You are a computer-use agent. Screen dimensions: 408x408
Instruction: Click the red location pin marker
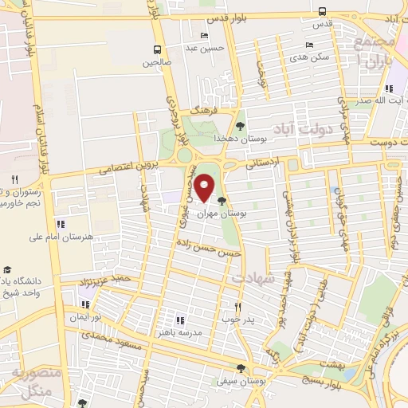[x=205, y=188]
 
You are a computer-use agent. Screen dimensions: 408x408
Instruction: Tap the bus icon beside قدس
[x=321, y=11]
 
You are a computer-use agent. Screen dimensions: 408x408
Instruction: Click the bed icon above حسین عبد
[x=206, y=35]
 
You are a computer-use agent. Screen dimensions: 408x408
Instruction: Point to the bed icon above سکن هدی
[x=309, y=45]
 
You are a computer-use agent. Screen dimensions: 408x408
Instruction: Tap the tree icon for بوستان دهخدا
[x=240, y=124]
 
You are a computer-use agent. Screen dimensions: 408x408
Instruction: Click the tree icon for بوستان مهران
[x=222, y=201]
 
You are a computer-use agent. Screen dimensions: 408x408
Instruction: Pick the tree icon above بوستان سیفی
[x=241, y=367]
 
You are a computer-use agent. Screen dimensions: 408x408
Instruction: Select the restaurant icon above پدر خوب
[x=237, y=306]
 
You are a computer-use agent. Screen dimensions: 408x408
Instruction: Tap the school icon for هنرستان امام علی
[x=61, y=223]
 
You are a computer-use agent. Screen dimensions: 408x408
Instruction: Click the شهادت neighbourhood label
[x=253, y=278]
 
